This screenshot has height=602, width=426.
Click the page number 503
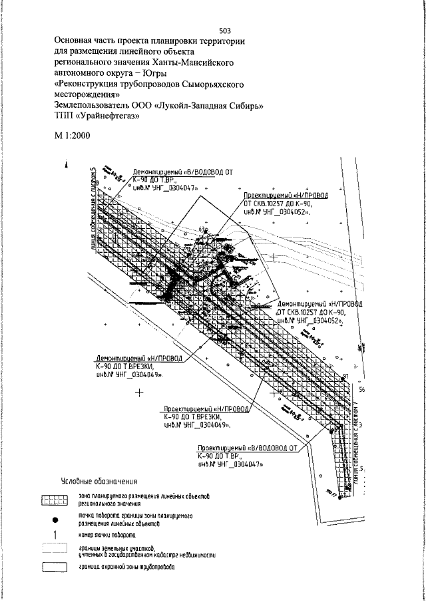pos(224,30)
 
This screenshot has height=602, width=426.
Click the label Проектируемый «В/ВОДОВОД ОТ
pos(248,448)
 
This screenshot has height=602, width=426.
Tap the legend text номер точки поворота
pos(108,535)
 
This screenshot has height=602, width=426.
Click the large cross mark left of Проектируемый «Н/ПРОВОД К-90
pos(140,393)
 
